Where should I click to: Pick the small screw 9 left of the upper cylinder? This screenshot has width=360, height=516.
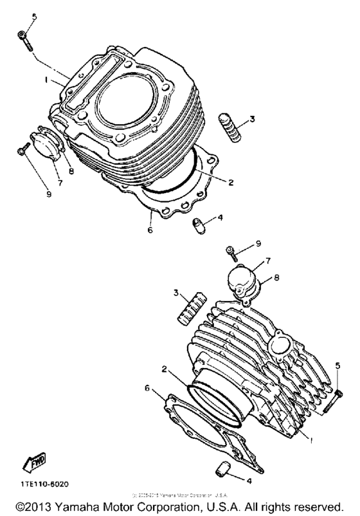tap(22, 149)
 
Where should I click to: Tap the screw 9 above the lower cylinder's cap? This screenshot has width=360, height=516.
tap(234, 252)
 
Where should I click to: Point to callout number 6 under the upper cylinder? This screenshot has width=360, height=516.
tap(149, 230)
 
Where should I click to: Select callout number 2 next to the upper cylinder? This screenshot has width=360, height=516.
tap(230, 181)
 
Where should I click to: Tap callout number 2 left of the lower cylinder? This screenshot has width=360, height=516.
tap(165, 371)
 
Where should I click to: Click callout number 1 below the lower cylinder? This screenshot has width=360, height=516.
tap(311, 441)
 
